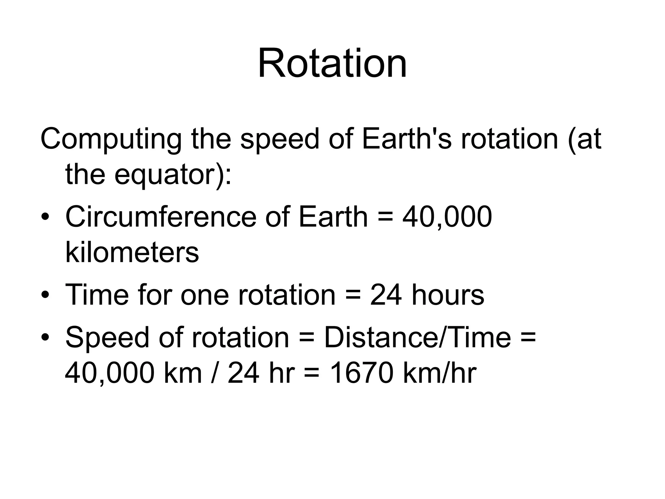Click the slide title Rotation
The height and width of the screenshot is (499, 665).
pyautogui.click(x=332, y=63)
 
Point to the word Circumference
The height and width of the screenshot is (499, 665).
pyautogui.click(x=161, y=217)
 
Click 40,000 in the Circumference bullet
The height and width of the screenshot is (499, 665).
pyautogui.click(x=447, y=217)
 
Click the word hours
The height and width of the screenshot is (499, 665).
pyautogui.click(x=448, y=295)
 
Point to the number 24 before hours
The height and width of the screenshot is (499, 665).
pyautogui.click(x=386, y=295)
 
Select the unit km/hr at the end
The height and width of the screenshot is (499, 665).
pyautogui.click(x=439, y=373)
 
